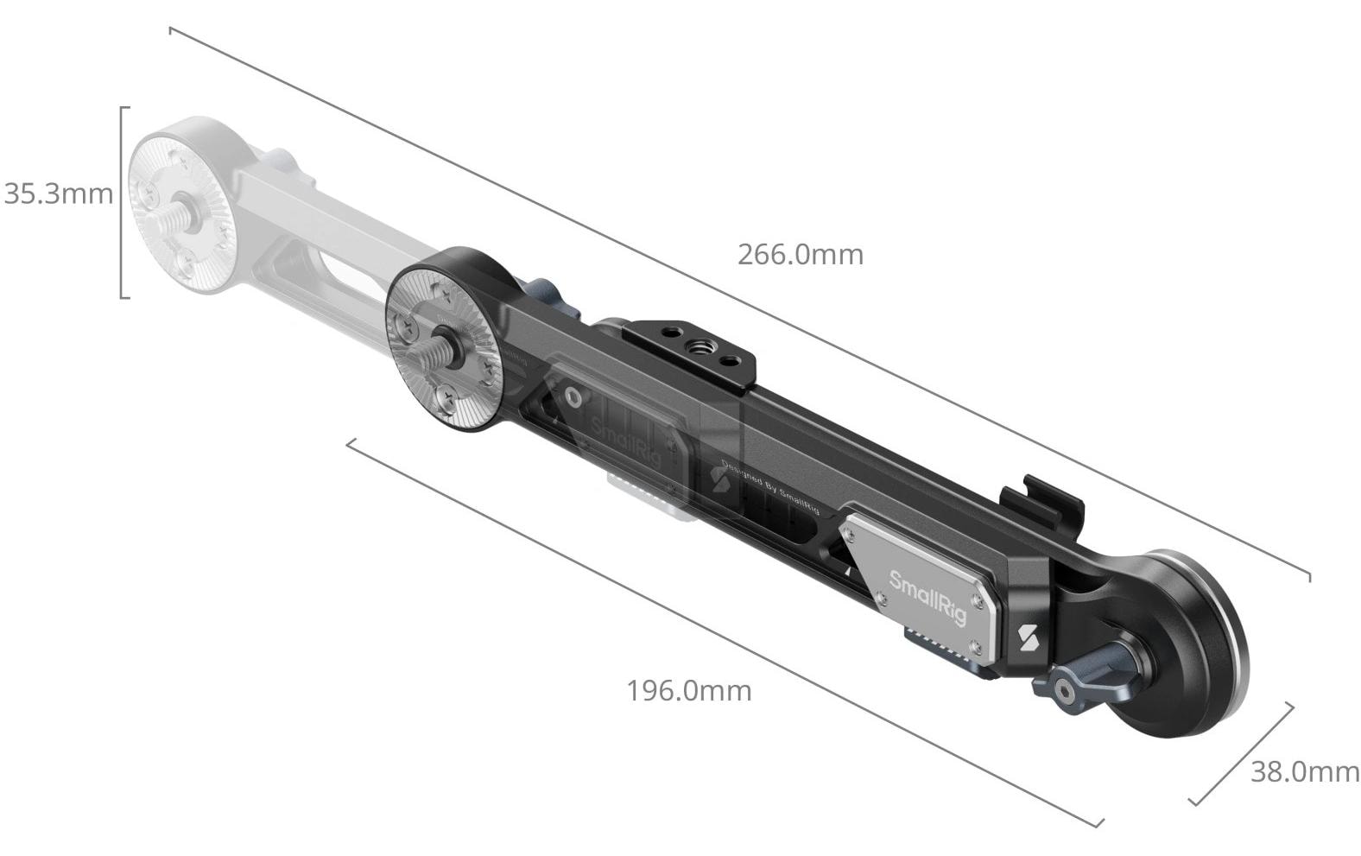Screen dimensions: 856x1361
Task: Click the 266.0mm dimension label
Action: click(x=800, y=255)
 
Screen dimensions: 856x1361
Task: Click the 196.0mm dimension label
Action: click(x=688, y=691)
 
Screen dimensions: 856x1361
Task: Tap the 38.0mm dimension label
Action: click(x=1304, y=771)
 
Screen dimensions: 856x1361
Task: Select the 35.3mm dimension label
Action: click(x=58, y=193)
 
